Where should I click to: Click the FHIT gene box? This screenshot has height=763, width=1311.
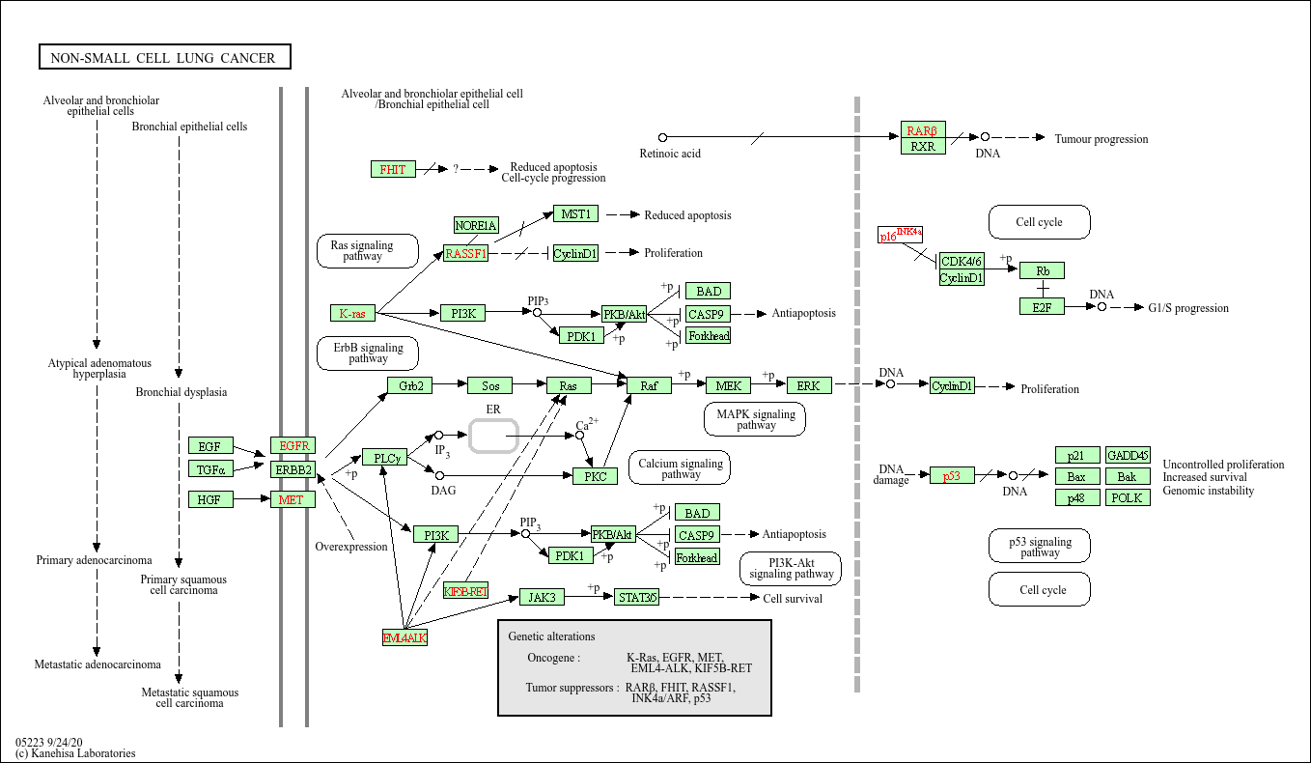393,169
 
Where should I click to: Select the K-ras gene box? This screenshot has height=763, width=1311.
352,313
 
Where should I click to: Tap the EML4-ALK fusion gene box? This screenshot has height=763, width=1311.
404,637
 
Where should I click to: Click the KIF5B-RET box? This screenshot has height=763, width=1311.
466,591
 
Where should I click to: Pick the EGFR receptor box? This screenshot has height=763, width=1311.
293,445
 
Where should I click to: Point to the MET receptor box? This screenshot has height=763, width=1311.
293,499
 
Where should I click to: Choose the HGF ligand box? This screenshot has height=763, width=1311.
210,499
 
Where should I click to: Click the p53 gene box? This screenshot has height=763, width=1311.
952,475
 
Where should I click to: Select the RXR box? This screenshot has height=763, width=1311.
923,147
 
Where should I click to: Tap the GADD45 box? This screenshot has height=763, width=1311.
1128,455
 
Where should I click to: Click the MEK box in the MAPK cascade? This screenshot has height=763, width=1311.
728,385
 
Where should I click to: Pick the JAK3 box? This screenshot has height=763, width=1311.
541,597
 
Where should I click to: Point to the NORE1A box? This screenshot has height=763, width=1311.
476,225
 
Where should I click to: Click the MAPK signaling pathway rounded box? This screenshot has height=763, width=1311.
756,419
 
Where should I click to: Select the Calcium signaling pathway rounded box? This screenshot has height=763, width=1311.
681,468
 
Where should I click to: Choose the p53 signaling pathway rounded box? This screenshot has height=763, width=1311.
1040,547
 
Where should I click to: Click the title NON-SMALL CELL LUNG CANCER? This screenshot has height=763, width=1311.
163,58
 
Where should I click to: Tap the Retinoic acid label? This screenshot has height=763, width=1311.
670,154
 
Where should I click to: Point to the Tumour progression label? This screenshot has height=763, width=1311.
1102,139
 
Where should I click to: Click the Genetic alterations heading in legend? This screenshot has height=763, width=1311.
552,636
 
